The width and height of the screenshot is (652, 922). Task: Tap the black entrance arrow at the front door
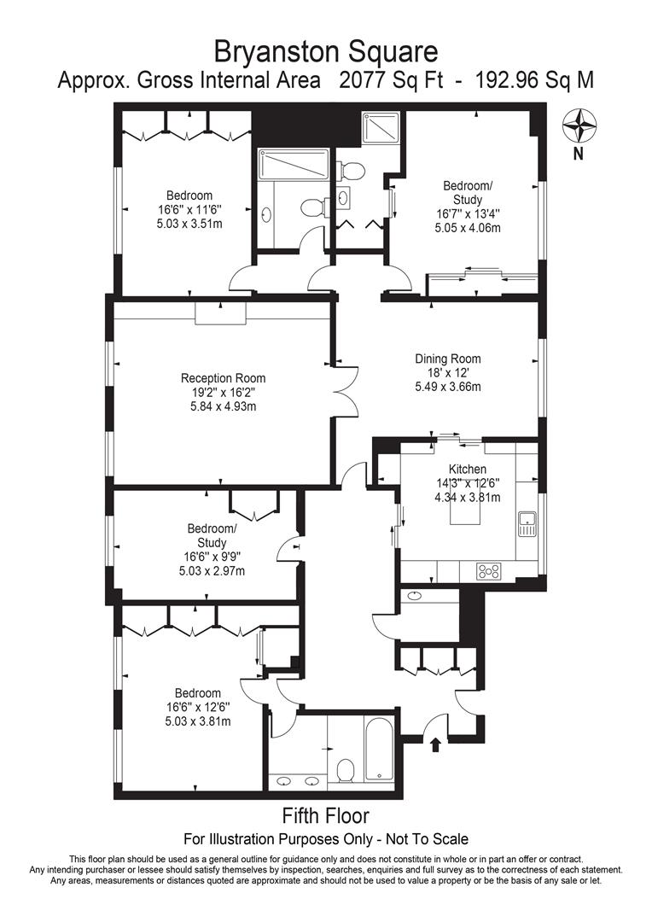tap(435, 745)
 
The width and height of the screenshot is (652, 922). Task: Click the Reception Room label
tap(223, 378)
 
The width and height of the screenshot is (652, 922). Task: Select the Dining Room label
tap(448, 359)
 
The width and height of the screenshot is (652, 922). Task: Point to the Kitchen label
tap(468, 470)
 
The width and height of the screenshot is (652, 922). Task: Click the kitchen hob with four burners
tap(489, 570)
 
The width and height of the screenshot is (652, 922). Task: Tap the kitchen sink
tap(527, 524)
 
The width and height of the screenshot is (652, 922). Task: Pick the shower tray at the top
tap(381, 128)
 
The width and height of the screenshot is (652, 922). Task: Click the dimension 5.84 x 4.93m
tap(223, 406)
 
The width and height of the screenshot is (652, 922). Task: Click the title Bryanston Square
tap(326, 51)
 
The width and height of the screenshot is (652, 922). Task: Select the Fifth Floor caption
tap(326, 815)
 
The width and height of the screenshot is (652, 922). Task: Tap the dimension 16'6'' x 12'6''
tap(197, 708)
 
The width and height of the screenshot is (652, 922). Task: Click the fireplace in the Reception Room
tap(220, 314)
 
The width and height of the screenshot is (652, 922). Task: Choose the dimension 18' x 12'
tap(448, 373)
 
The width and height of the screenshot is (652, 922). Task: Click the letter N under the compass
tap(579, 155)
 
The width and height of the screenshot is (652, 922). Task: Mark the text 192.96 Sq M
tap(534, 79)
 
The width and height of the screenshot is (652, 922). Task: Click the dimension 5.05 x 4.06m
tap(468, 228)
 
